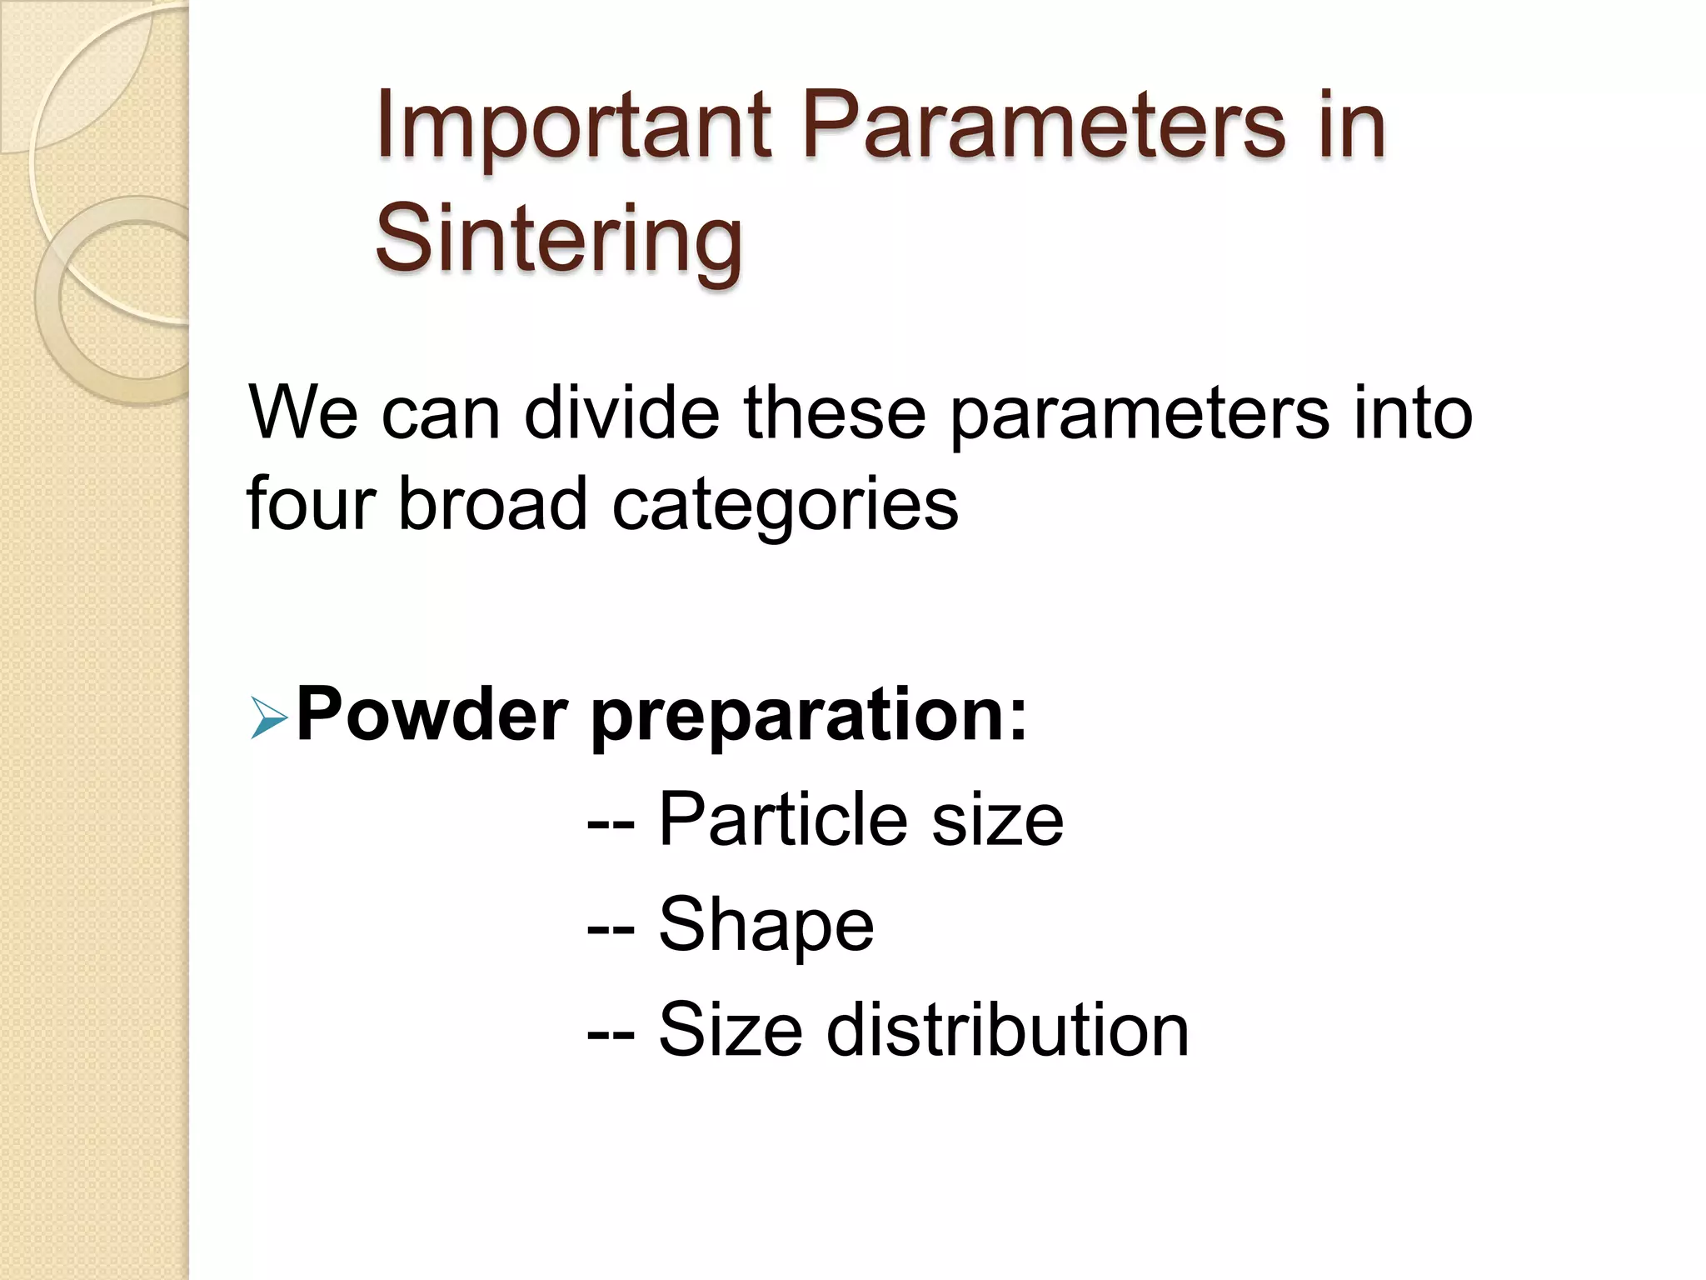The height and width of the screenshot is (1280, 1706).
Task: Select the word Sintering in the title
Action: click(558, 239)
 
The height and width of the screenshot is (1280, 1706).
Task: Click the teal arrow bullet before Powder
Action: click(268, 718)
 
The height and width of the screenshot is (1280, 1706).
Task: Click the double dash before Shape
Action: click(611, 927)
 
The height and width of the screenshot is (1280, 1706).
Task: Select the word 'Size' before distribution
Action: click(731, 1030)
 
